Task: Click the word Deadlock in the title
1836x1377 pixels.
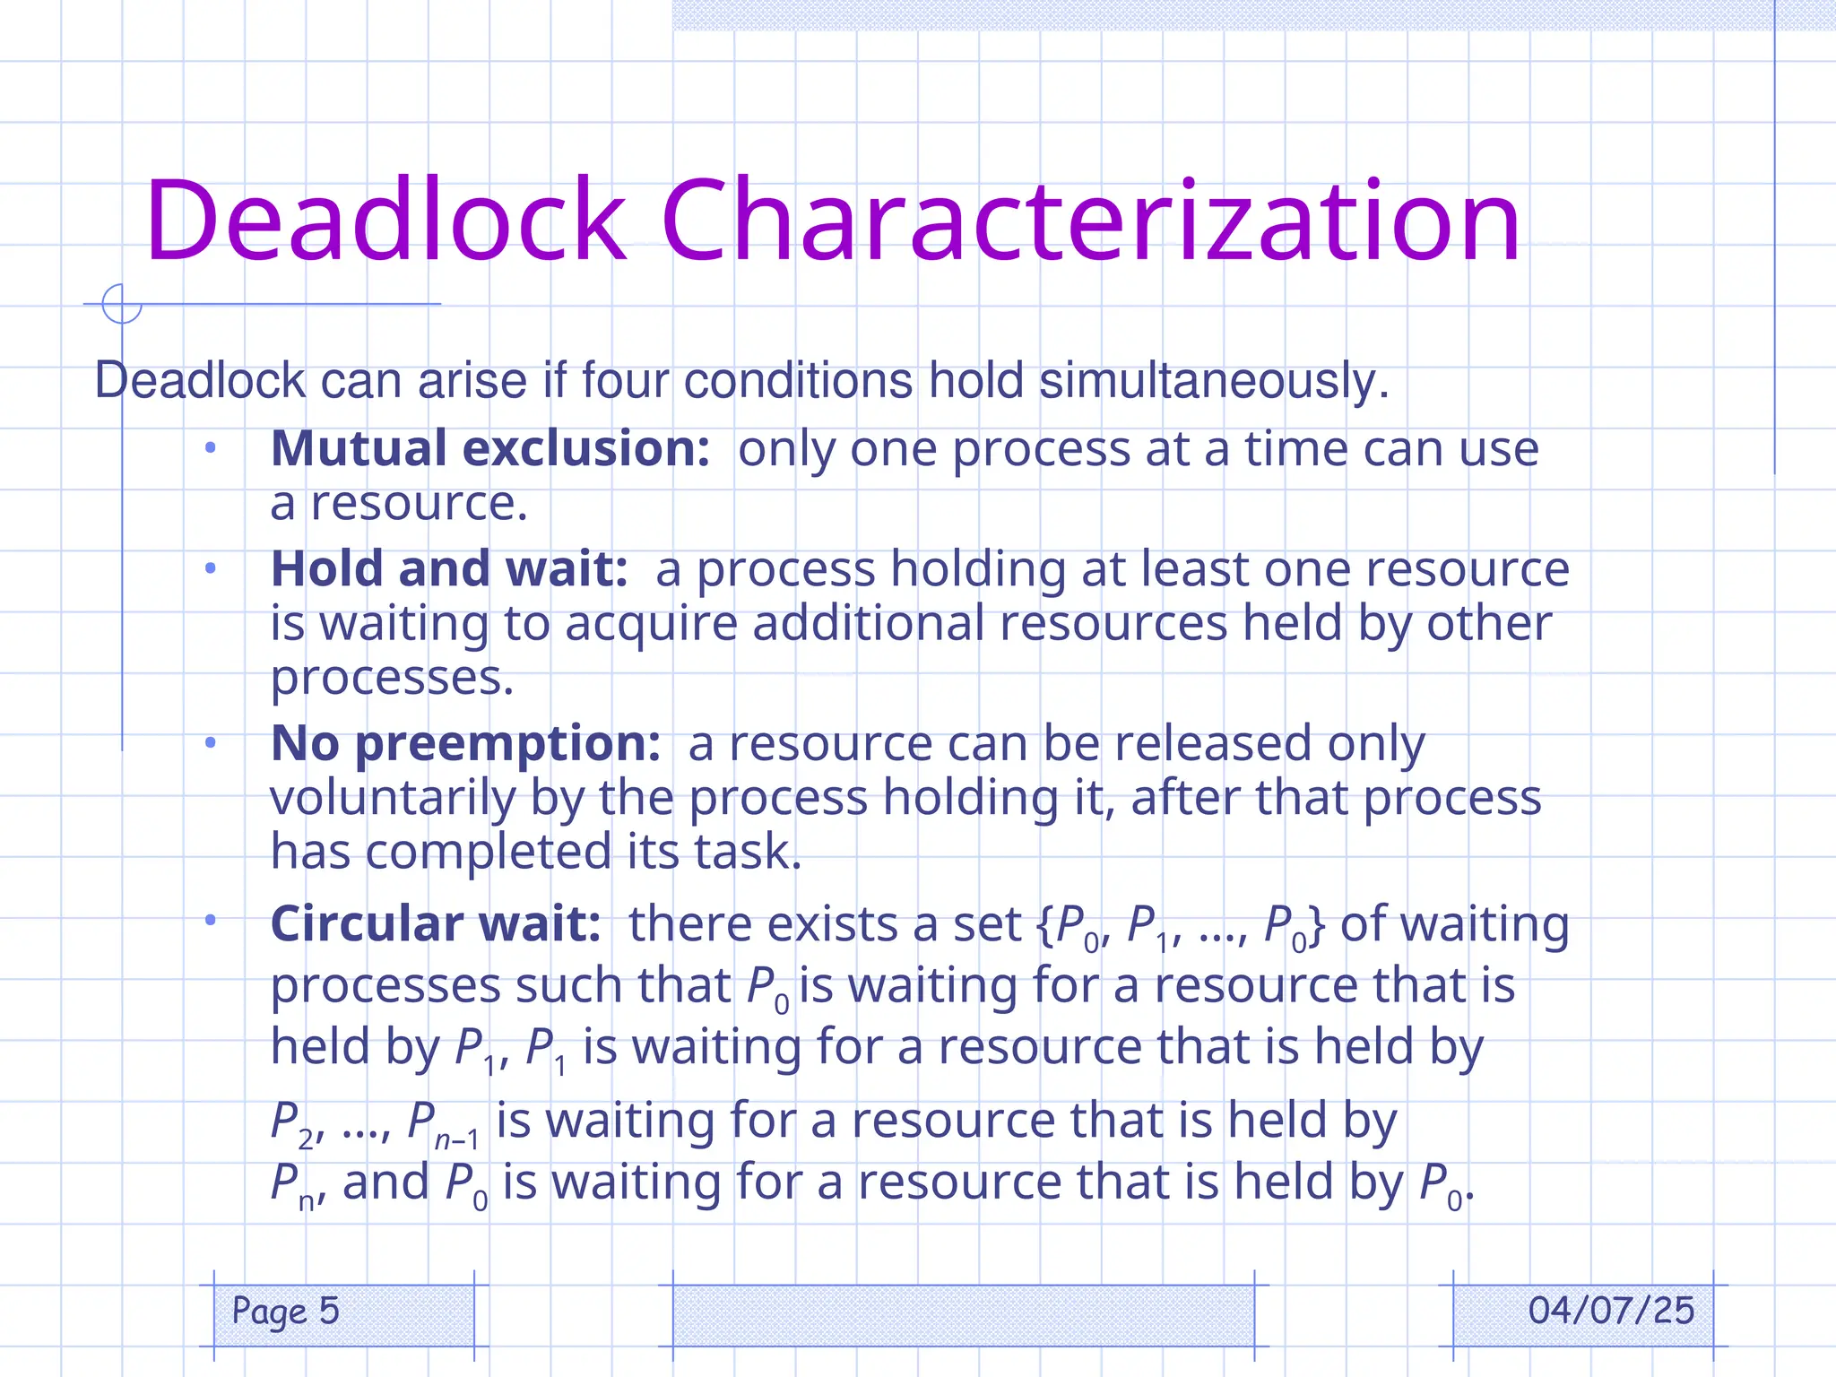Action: (385, 221)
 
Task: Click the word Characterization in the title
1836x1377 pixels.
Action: (1090, 221)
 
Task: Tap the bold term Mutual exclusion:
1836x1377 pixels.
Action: (490, 448)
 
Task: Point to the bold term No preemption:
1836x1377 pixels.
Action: (465, 743)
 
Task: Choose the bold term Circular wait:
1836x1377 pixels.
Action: (436, 923)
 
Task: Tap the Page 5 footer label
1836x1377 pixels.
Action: (285, 1311)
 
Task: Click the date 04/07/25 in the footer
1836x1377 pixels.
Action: (1611, 1311)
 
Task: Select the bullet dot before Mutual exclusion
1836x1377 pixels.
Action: (211, 447)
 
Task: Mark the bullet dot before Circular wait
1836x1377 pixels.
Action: (211, 920)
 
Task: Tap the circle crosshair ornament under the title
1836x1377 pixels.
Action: (121, 304)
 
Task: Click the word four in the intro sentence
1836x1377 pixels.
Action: (625, 380)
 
